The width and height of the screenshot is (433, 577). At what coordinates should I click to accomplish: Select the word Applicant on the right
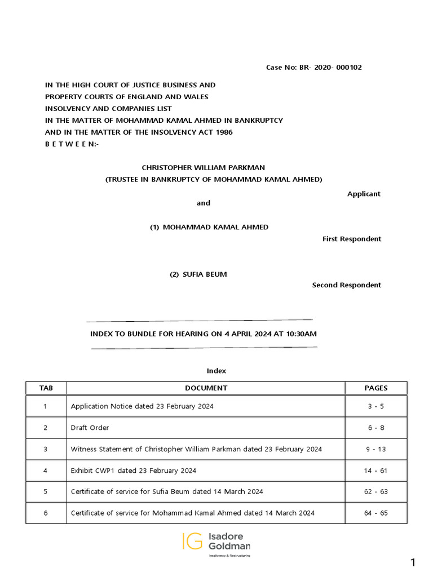pyautogui.click(x=364, y=194)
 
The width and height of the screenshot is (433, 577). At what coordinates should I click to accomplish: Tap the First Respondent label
pyautogui.click(x=352, y=239)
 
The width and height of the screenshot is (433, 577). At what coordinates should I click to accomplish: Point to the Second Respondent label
pyautogui.click(x=347, y=285)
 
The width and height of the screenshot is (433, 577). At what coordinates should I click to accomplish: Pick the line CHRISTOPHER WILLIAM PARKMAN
pyautogui.click(x=203, y=167)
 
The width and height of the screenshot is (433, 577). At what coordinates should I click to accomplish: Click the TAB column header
pyautogui.click(x=46, y=388)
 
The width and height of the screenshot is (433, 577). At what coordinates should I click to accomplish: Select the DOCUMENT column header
pyautogui.click(x=206, y=388)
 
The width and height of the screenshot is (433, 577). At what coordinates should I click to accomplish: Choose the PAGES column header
pyautogui.click(x=376, y=388)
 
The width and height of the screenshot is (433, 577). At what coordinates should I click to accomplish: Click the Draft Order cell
pyautogui.click(x=90, y=428)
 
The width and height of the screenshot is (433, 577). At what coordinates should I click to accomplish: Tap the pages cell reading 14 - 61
pyautogui.click(x=376, y=471)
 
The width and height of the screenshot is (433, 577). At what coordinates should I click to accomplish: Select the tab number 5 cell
pyautogui.click(x=46, y=491)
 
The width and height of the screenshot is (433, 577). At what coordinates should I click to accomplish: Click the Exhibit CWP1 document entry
pyautogui.click(x=134, y=471)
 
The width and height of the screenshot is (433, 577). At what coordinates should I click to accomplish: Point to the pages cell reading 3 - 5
pyautogui.click(x=376, y=406)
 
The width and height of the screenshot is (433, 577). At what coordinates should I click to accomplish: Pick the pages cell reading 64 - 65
pyautogui.click(x=376, y=513)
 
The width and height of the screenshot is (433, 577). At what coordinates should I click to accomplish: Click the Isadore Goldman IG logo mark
pyautogui.click(x=192, y=541)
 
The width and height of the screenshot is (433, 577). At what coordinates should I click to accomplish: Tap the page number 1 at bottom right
pyautogui.click(x=413, y=562)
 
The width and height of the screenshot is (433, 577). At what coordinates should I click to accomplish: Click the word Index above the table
pyautogui.click(x=216, y=371)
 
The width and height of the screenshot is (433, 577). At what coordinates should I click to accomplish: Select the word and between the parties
pyautogui.click(x=203, y=203)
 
